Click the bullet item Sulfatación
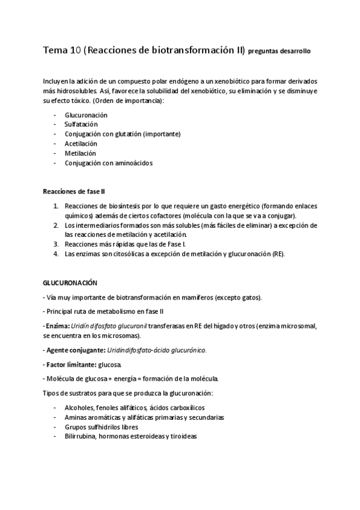81,124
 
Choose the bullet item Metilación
80,153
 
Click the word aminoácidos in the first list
133,162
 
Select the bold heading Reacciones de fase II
74,191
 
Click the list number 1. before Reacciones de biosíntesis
56,206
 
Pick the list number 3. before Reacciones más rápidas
56,244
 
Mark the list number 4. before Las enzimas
56,254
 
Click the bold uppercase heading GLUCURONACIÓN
70,282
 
